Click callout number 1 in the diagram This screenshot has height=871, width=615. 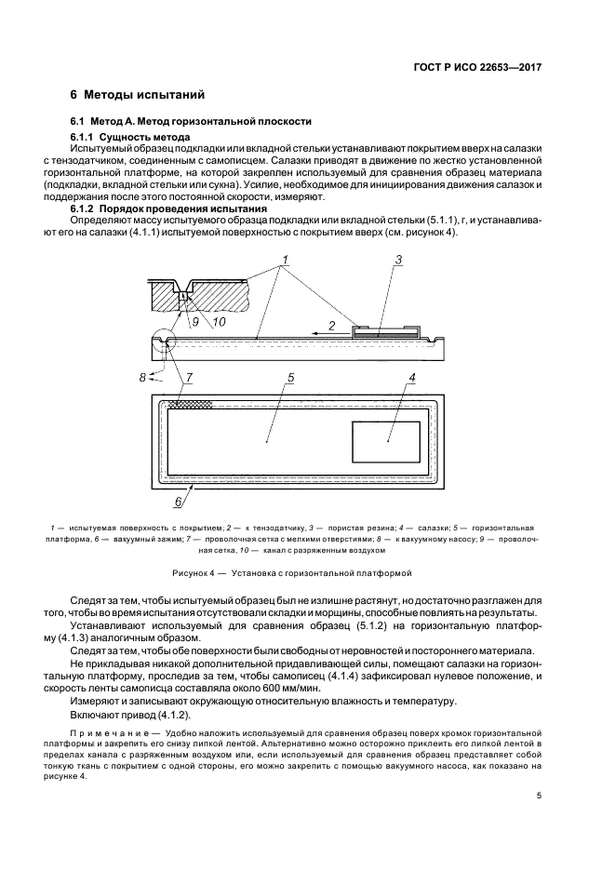tap(285, 257)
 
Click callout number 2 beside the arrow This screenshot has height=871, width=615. tap(332, 327)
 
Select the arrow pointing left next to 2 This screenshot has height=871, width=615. tap(310, 330)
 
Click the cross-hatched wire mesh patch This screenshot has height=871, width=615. tap(189, 404)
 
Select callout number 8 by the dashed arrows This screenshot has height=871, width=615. tap(142, 376)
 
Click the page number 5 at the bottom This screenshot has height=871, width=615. tap(540, 796)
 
